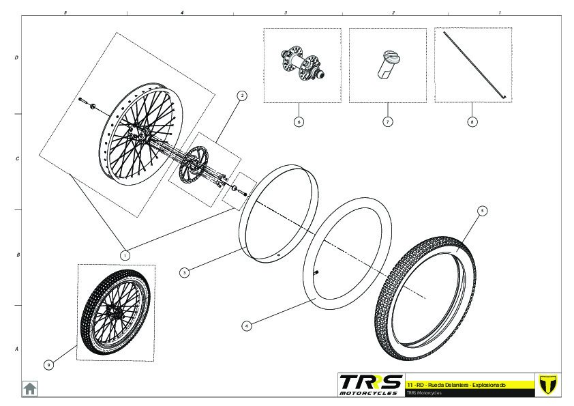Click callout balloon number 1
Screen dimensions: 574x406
tap(125, 255)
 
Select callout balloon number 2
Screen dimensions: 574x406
tap(241, 96)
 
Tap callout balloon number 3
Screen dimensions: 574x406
tap(185, 273)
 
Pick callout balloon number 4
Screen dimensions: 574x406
tap(247, 325)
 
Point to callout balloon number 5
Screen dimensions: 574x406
tap(483, 211)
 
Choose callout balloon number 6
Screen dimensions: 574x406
tap(299, 121)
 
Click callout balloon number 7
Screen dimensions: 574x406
tap(388, 121)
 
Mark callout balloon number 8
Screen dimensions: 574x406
tap(472, 121)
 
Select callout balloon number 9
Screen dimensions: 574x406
tap(48, 364)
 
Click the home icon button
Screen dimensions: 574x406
tap(30, 388)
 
